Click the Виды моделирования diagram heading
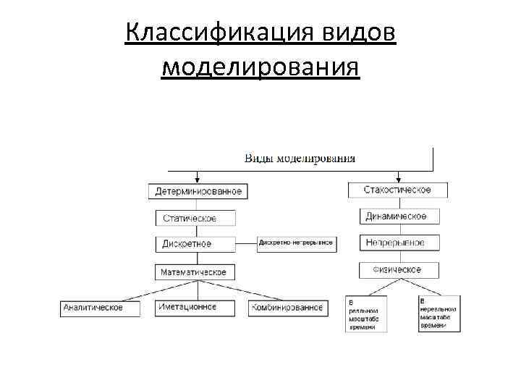click(x=300, y=159)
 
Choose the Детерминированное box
click(x=198, y=191)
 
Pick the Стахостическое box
click(x=398, y=190)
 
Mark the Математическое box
click(x=193, y=272)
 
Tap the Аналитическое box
click(x=93, y=307)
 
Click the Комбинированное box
click(x=287, y=308)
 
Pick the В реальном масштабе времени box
click(x=366, y=314)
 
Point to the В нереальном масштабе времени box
click(x=439, y=313)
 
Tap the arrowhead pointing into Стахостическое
click(x=398, y=179)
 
